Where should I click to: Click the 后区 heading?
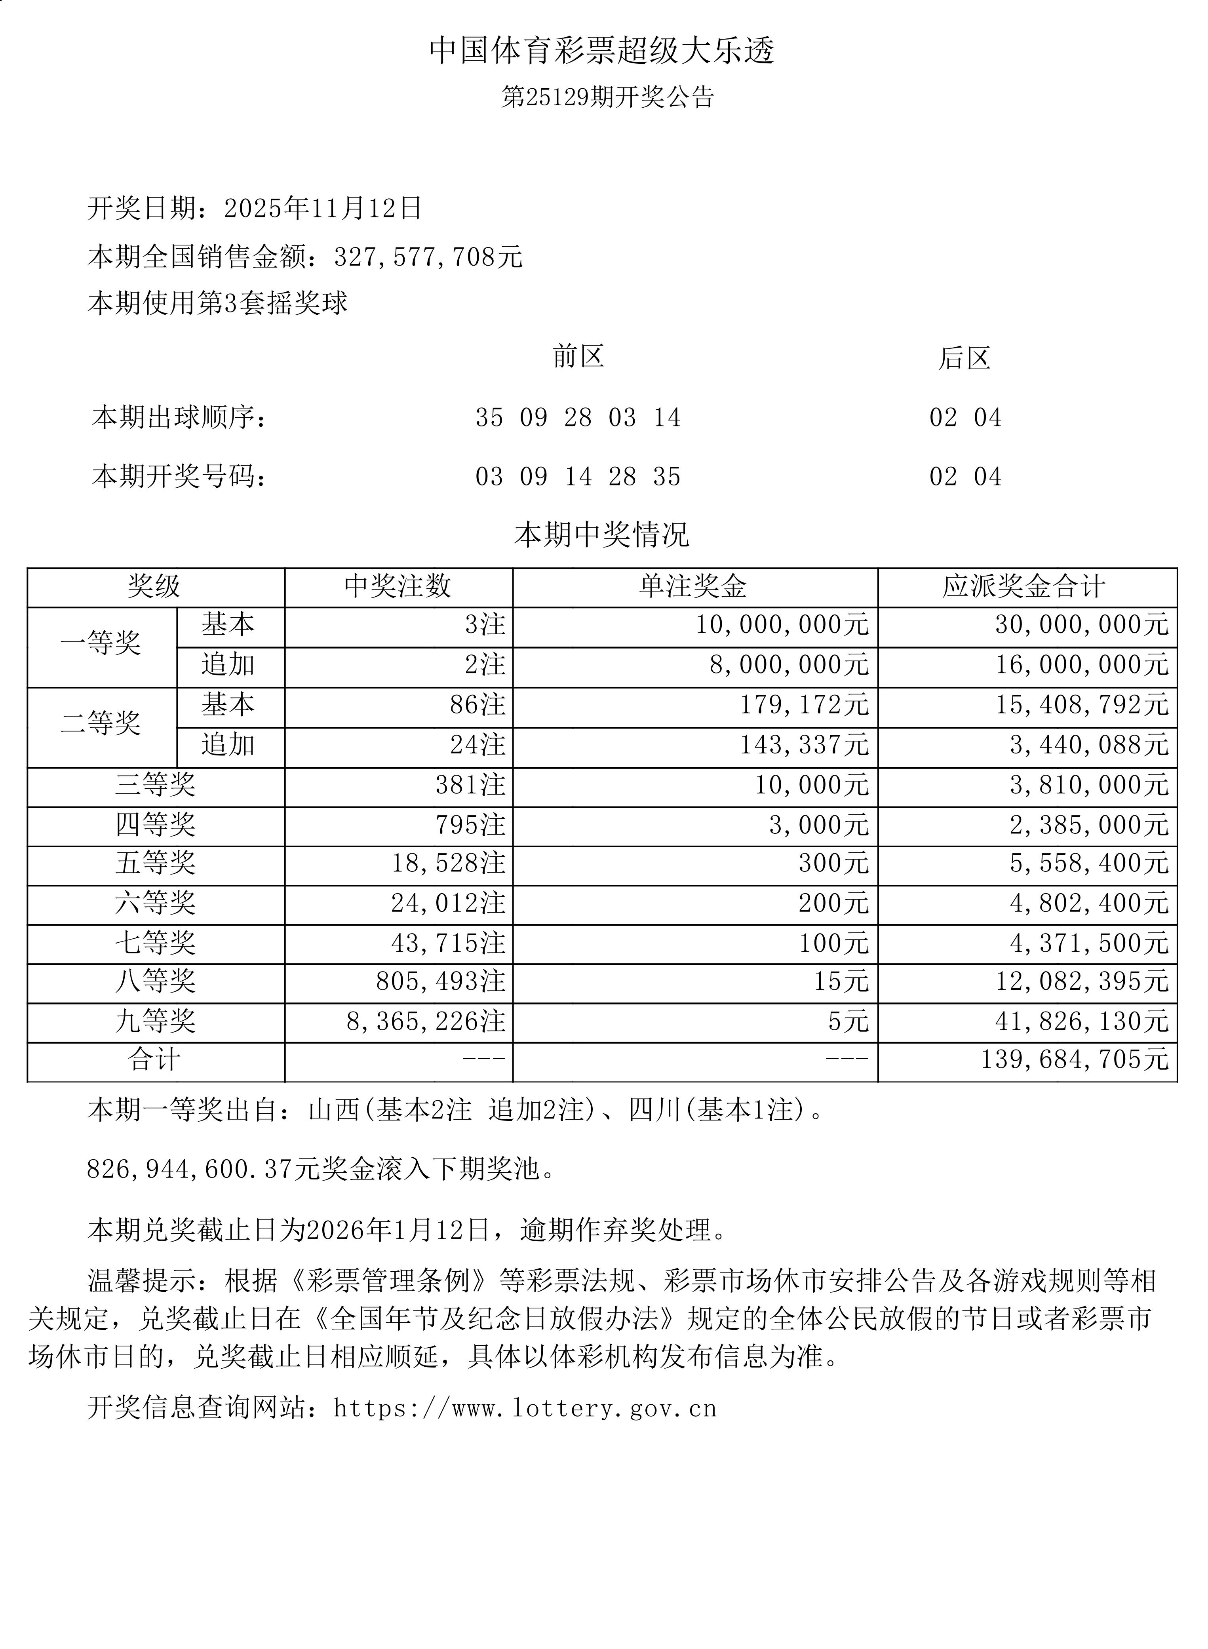(x=964, y=358)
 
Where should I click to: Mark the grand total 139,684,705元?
(x=1074, y=1059)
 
